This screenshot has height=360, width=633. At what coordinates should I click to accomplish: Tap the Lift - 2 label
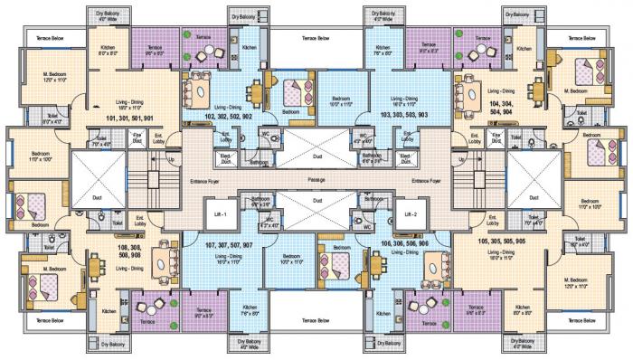click(411, 214)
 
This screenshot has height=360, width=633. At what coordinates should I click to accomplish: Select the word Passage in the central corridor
click(316, 180)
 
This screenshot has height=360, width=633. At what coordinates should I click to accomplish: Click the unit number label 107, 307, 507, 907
click(228, 244)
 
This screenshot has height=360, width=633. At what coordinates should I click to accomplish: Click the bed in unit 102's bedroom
click(294, 91)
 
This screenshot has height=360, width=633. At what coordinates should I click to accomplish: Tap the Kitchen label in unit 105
click(524, 308)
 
